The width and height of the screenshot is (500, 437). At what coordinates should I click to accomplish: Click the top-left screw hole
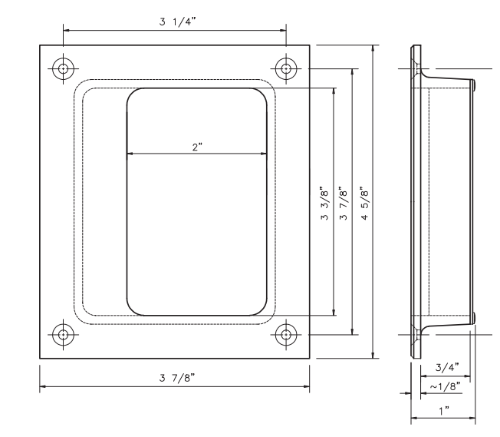click(63, 68)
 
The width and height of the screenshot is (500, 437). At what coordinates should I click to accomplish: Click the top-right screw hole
click(286, 68)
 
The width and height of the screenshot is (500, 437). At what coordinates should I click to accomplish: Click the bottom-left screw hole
click(63, 334)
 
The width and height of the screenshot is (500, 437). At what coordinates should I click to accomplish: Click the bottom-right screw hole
click(286, 334)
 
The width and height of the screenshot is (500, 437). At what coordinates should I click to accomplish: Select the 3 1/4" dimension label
click(177, 22)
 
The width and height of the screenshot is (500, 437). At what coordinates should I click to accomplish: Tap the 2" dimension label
click(197, 147)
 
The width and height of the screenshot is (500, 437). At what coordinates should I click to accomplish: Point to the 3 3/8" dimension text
click(324, 204)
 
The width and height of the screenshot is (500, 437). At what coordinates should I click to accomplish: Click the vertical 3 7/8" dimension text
click(343, 204)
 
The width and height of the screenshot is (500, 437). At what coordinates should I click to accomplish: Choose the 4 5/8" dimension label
click(365, 204)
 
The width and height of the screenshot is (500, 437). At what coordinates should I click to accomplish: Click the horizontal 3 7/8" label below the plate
click(177, 378)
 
